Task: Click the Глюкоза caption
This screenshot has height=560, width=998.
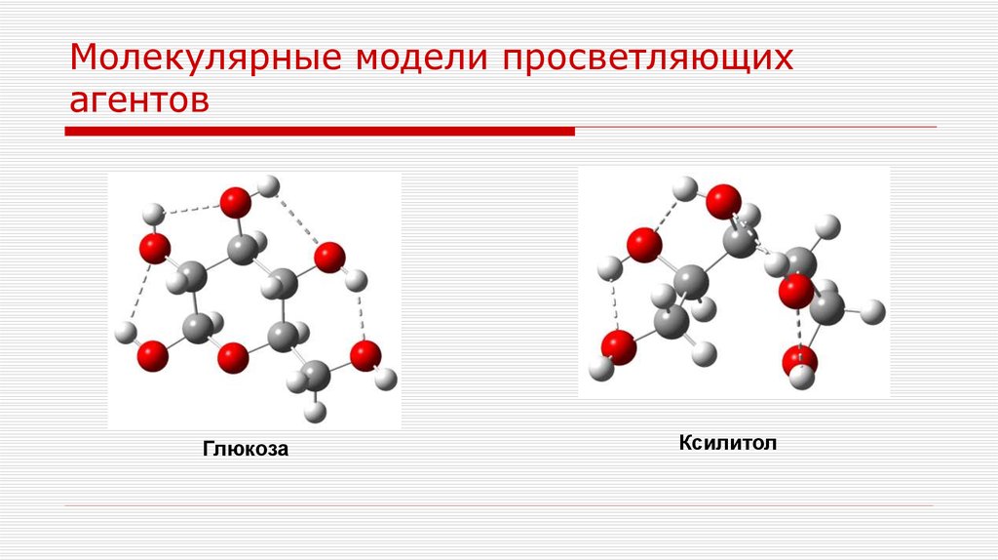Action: click(x=247, y=450)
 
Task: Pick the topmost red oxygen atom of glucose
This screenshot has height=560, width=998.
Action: click(x=235, y=203)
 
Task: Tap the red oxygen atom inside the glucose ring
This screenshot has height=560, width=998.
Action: click(x=233, y=358)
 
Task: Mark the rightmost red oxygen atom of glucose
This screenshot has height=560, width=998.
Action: click(x=366, y=354)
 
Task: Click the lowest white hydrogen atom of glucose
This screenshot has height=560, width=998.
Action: click(x=314, y=413)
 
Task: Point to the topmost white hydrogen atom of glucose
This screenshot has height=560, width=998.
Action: click(x=271, y=183)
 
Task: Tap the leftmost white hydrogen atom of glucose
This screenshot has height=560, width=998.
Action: click(x=124, y=333)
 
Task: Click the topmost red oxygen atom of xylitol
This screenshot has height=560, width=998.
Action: click(x=722, y=201)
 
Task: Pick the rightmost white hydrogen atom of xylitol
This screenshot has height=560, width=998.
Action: click(x=874, y=311)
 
